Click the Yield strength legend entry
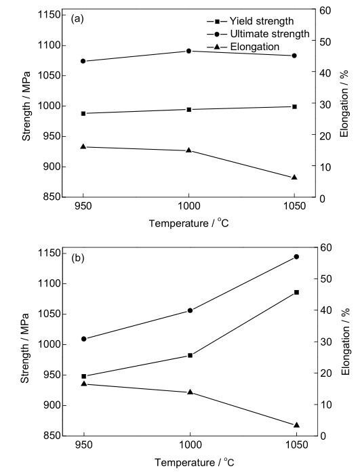pyautogui.click(x=250, y=21)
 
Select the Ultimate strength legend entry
pyautogui.click(x=258, y=34)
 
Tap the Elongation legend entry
pyautogui.click(x=243, y=47)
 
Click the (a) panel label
pyautogui.click(x=77, y=19)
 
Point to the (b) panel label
pyautogui.click(x=77, y=258)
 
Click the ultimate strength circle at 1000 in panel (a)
pyautogui.click(x=189, y=51)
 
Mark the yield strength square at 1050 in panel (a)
pyautogui.click(x=294, y=107)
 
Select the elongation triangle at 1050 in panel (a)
pyautogui.click(x=294, y=177)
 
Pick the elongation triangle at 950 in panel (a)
pyautogui.click(x=83, y=146)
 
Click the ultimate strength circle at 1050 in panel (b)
pyautogui.click(x=296, y=257)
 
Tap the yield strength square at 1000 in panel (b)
pyautogui.click(x=190, y=355)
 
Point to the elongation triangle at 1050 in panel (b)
pyautogui.click(x=296, y=425)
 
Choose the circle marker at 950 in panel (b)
pyautogui.click(x=84, y=339)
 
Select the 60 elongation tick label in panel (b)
pyautogui.click(x=326, y=247)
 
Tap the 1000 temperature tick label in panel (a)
pyautogui.click(x=188, y=206)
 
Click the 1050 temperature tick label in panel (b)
pyautogui.click(x=296, y=445)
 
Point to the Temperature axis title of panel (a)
pyautogui.click(x=189, y=223)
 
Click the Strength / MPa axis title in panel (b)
pyautogui.click(x=25, y=348)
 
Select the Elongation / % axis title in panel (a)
pyautogui.click(x=344, y=104)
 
